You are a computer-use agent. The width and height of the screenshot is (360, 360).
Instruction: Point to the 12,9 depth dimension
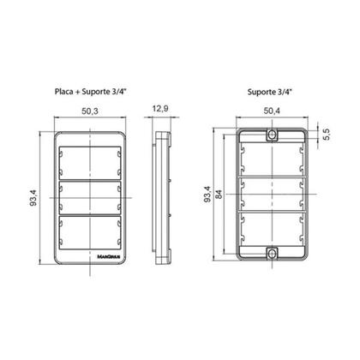tap(160, 110)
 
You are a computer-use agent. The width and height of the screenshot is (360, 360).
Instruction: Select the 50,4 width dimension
tap(272, 110)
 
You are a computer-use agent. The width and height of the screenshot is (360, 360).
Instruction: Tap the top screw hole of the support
tap(272, 135)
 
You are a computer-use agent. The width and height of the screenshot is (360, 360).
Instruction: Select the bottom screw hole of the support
tap(272, 254)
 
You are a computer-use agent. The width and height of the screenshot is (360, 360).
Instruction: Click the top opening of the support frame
tap(272, 159)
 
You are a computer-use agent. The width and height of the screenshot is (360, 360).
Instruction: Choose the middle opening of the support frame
tap(272, 195)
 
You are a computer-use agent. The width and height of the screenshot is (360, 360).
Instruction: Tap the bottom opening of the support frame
tap(272, 230)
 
